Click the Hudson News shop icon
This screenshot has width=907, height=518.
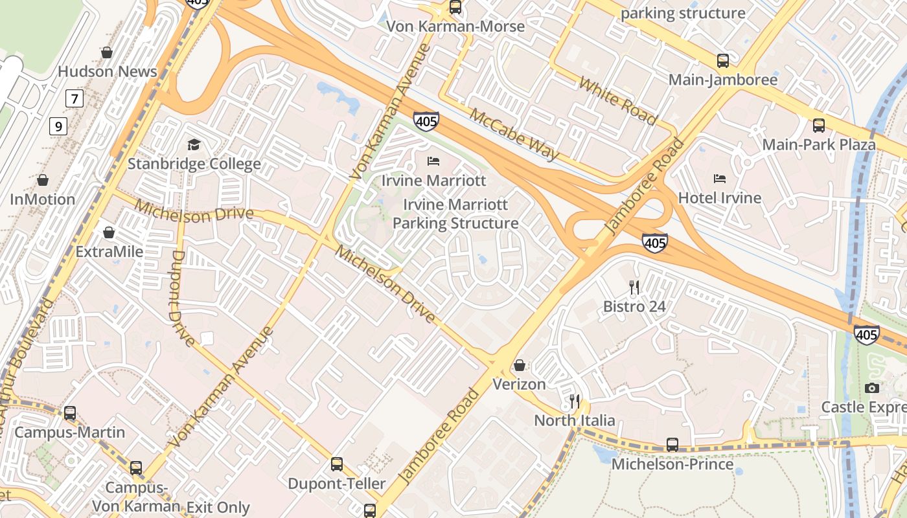pyautogui.click(x=107, y=52)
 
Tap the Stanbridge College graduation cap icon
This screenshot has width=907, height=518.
pyautogui.click(x=194, y=144)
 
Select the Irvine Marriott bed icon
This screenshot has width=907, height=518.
pyautogui.click(x=433, y=161)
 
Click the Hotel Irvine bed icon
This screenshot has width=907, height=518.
pyautogui.click(x=719, y=178)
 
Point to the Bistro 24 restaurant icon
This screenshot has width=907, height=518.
pyautogui.click(x=634, y=287)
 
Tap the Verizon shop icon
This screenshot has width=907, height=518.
pyautogui.click(x=519, y=365)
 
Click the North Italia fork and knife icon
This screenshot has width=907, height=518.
pyautogui.click(x=575, y=401)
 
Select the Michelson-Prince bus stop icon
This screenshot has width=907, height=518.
pyautogui.click(x=672, y=445)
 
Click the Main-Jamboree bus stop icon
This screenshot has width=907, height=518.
pyautogui.click(x=723, y=61)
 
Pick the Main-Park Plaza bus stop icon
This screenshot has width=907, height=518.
pyautogui.click(x=819, y=125)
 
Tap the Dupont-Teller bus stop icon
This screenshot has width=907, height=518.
pyautogui.click(x=337, y=464)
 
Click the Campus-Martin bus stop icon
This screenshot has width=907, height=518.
pyautogui.click(x=69, y=412)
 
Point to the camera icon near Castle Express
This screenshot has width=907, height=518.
pyautogui.click(x=872, y=388)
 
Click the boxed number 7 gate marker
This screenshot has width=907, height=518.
pyautogui.click(x=75, y=99)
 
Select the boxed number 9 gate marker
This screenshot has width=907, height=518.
pyautogui.click(x=58, y=126)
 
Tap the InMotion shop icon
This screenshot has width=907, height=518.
pyautogui.click(x=43, y=180)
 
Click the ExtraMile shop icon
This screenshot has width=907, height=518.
pyautogui.click(x=109, y=232)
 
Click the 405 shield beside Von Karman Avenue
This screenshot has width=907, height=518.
pyautogui.click(x=426, y=120)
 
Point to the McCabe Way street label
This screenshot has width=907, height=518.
pyautogui.click(x=514, y=134)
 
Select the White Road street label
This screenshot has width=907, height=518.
pyautogui.click(x=618, y=101)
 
